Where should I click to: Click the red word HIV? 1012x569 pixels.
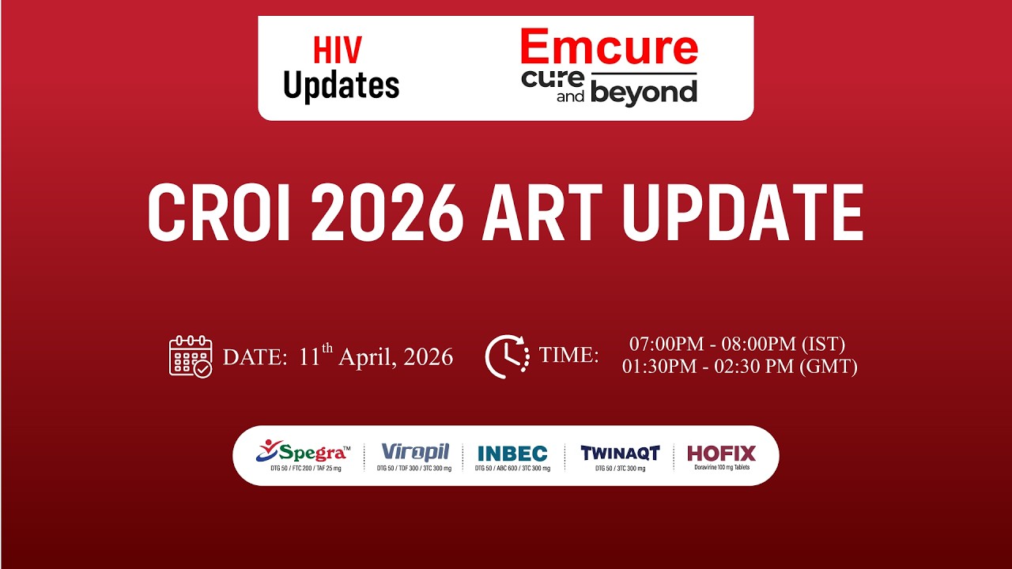tap(338, 51)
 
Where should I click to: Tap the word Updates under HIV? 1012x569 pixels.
tap(342, 85)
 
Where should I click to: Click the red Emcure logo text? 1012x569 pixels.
tap(609, 47)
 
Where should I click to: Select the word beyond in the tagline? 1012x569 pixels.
tap(644, 92)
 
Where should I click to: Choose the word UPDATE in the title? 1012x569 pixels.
tap(742, 213)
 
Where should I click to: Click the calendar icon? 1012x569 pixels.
tap(191, 356)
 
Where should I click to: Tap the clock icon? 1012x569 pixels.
tap(507, 356)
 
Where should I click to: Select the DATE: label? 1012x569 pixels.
tap(255, 357)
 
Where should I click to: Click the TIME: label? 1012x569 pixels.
tap(569, 356)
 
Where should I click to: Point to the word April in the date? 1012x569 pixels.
tap(367, 357)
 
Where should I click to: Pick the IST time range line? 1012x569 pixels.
tap(738, 345)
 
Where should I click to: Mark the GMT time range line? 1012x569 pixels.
tap(739, 367)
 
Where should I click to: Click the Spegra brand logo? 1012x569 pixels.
tap(301, 453)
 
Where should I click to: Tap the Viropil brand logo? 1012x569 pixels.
tap(415, 453)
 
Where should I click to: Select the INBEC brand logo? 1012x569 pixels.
tap(512, 454)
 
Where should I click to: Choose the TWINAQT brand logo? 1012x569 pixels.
tap(620, 454)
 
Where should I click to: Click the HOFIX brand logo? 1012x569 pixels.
tap(721, 454)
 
